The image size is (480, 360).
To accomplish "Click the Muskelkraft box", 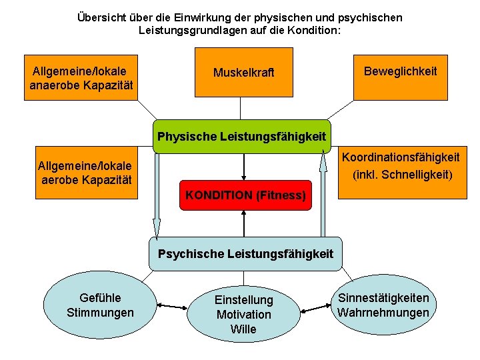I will [243, 73].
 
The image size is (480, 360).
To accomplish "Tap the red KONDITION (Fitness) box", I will [245, 195].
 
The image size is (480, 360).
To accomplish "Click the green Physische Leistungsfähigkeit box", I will [241, 136].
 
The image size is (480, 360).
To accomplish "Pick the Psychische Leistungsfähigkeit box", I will [245, 253].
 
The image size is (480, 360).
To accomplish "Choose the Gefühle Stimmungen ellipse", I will [101, 305].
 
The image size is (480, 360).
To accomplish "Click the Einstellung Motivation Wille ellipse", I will [243, 314].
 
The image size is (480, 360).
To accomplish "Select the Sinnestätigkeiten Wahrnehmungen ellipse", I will [383, 305].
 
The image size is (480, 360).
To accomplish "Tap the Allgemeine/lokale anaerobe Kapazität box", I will [81, 77].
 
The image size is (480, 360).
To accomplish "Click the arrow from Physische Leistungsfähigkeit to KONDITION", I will [245, 166].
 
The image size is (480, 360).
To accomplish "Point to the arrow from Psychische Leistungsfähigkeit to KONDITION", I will [245, 223].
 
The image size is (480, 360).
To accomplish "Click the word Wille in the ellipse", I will [243, 329].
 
